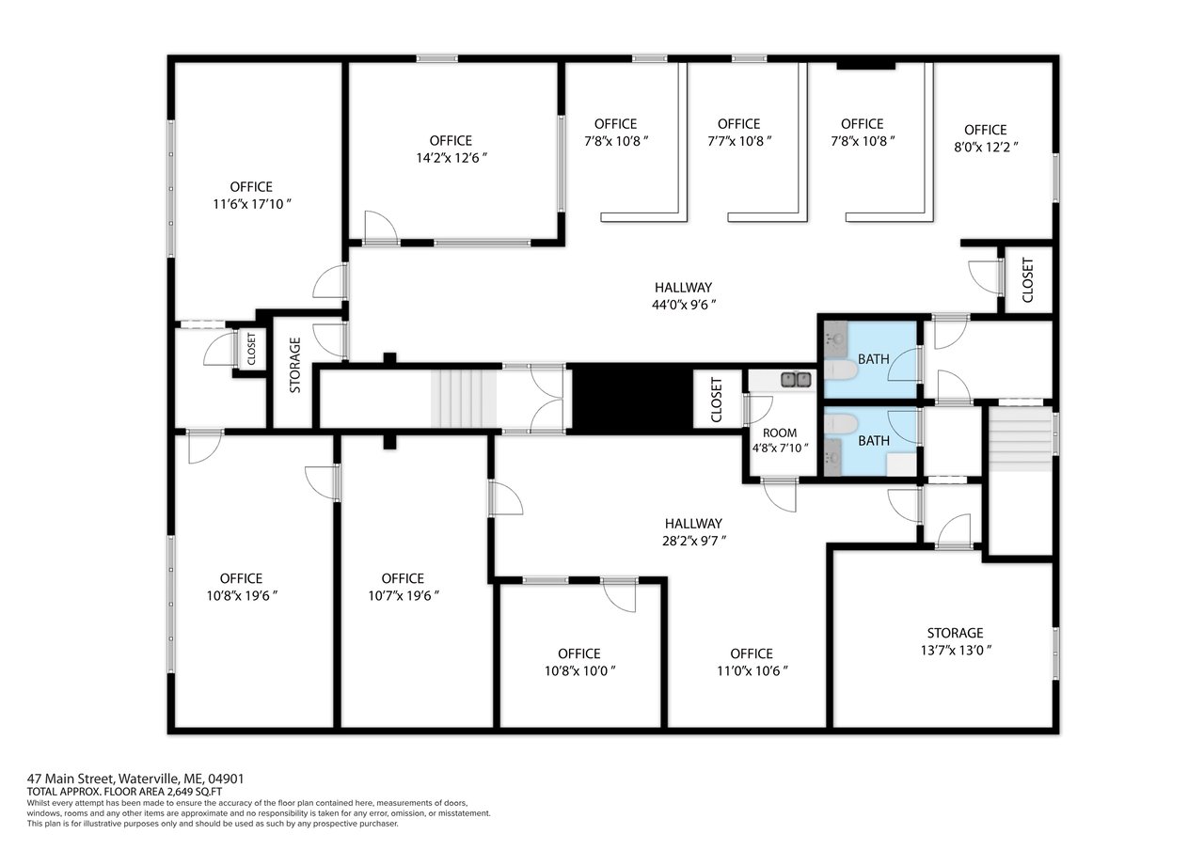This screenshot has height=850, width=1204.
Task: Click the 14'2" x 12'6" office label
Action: click(x=451, y=150)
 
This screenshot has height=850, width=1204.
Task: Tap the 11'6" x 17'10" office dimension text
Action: click(x=252, y=204)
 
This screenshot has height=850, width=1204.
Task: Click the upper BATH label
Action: click(x=874, y=359)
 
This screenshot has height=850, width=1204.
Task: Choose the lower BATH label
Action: click(x=874, y=441)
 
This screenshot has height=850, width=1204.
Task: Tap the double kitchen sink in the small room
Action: click(x=796, y=379)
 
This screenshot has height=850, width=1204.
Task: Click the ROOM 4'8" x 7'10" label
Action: click(x=780, y=440)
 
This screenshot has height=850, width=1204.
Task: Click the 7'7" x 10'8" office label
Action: click(x=739, y=133)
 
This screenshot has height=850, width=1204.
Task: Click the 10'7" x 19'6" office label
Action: click(x=404, y=587)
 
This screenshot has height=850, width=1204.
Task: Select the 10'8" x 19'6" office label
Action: click(x=242, y=587)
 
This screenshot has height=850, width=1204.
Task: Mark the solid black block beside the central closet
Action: click(x=632, y=399)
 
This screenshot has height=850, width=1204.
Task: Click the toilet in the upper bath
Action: click(x=841, y=370)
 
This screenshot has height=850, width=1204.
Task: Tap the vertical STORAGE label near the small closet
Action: click(x=295, y=365)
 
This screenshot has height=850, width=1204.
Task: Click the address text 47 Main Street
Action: click(x=71, y=779)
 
